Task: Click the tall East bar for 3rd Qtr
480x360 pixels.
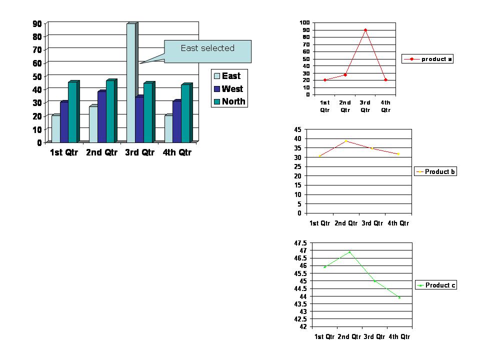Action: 131,82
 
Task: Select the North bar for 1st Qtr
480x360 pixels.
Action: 72,112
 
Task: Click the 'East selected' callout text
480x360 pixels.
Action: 207,48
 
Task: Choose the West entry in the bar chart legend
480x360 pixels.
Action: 232,89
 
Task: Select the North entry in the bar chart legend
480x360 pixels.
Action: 233,101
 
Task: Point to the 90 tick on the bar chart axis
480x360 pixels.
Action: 37,23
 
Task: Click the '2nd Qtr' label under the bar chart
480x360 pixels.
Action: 101,152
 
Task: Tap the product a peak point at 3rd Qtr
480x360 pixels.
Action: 365,30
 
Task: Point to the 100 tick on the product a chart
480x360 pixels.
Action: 304,23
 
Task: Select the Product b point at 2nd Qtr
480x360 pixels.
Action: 345,141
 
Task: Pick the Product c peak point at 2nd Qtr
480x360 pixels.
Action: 349,252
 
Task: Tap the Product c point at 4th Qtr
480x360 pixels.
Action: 399,297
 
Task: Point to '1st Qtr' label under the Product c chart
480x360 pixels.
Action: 324,336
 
